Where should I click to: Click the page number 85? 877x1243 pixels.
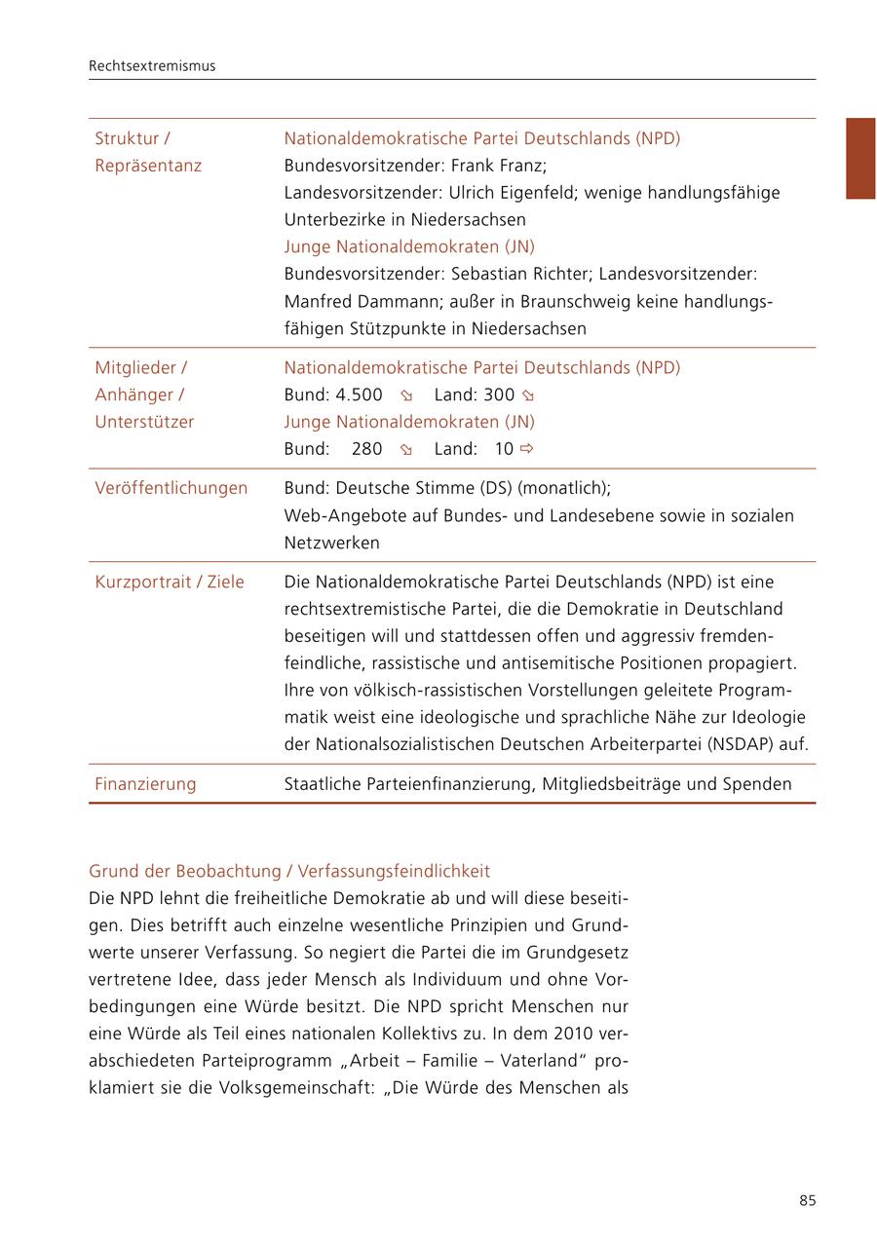coord(807,1200)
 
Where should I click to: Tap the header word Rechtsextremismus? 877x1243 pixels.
coord(152,66)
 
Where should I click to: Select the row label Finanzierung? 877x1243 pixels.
coord(145,784)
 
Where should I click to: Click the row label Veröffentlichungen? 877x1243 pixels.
coord(171,488)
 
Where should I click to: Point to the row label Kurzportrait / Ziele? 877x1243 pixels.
coord(170,583)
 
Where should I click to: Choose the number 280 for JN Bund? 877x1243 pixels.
coord(366,449)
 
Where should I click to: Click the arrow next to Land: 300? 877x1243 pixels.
coord(528,396)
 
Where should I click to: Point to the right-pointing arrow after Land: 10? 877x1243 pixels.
coord(527,449)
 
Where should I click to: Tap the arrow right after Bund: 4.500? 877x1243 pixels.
coord(406,396)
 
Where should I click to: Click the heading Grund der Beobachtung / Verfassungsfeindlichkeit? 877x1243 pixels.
coord(289,871)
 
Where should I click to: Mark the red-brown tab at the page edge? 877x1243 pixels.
coord(860,159)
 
